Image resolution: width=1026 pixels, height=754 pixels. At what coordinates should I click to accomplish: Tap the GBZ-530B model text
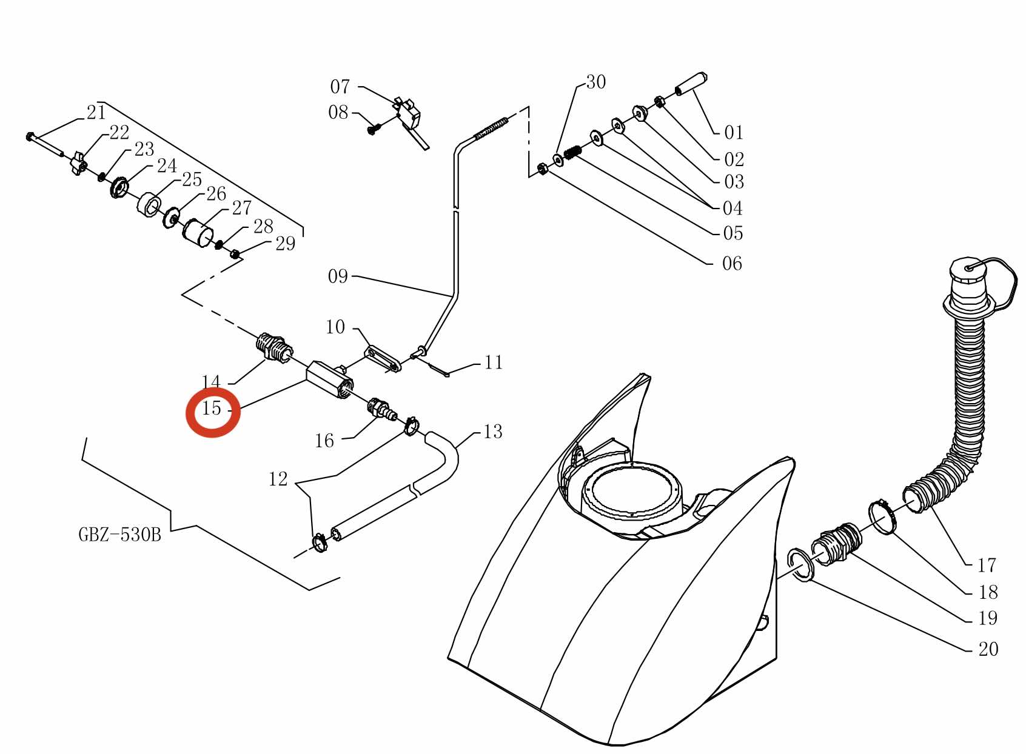tap(120, 534)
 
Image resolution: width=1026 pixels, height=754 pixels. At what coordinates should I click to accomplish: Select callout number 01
tap(733, 132)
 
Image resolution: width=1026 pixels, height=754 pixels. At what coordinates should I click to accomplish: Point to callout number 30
tap(596, 82)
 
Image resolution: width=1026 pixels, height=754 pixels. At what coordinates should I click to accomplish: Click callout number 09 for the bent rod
tap(338, 276)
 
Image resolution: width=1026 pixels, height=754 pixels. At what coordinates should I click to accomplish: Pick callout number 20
tap(988, 649)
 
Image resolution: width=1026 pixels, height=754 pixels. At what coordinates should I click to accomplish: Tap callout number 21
tap(96, 113)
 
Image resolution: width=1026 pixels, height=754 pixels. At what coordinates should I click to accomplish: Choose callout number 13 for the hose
tap(493, 432)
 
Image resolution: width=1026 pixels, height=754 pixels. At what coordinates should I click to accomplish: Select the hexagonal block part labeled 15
tap(330, 379)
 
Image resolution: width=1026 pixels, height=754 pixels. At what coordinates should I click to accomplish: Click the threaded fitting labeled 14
tap(273, 348)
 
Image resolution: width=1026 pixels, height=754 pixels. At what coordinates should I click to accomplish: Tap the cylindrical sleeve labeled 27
tap(198, 233)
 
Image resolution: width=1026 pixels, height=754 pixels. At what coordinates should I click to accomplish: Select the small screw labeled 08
tap(372, 130)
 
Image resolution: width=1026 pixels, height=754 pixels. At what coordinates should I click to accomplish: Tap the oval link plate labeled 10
tap(383, 359)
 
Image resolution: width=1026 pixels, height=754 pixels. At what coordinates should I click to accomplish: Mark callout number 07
tap(340, 87)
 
